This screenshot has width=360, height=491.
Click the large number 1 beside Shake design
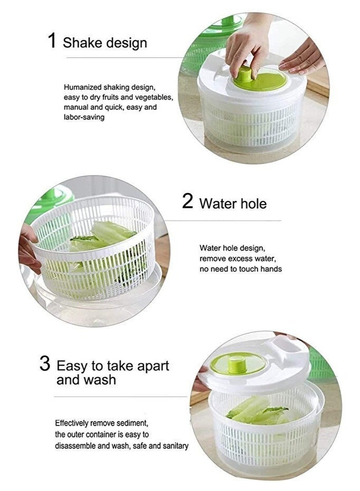[52, 41]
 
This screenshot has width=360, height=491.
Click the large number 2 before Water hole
[187, 201]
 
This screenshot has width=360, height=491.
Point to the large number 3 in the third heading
[45, 364]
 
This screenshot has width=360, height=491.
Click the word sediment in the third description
[132, 423]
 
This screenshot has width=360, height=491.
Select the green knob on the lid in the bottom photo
[237, 363]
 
